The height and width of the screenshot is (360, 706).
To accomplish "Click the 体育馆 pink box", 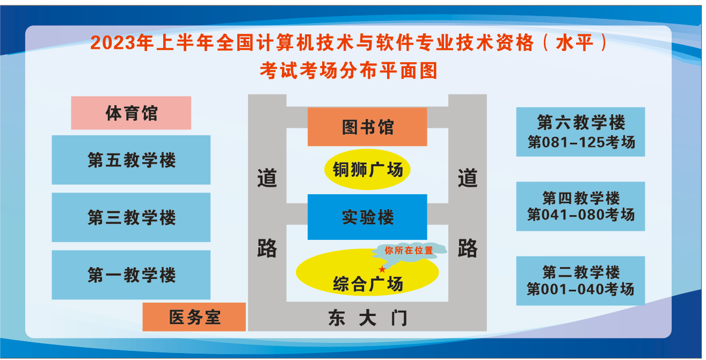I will (131, 113).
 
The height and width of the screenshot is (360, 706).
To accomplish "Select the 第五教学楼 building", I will (131, 160).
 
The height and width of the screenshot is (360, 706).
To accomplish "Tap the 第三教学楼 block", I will (131, 217).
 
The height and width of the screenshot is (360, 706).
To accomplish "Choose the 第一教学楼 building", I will (131, 275).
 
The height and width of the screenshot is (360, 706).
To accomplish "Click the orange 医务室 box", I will (194, 317).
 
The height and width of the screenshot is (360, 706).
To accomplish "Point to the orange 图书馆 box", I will (367, 127).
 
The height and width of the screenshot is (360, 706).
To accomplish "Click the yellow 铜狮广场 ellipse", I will (367, 170).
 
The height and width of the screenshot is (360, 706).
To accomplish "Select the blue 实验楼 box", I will (367, 217).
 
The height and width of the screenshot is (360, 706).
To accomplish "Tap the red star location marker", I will (382, 269).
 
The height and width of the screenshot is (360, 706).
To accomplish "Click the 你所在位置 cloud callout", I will (409, 250).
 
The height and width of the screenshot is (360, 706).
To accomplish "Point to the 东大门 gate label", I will (368, 319).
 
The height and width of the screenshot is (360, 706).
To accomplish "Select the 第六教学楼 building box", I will (580, 132).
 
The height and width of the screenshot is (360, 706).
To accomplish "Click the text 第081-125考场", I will (580, 143).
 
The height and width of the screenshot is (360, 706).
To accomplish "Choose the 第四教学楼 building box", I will (580, 206).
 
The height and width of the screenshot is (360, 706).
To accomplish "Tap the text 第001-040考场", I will (580, 290).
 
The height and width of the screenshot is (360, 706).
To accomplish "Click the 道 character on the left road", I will (267, 178).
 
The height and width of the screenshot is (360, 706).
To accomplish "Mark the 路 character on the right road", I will (468, 248).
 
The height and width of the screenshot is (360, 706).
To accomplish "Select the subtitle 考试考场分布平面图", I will (348, 71).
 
